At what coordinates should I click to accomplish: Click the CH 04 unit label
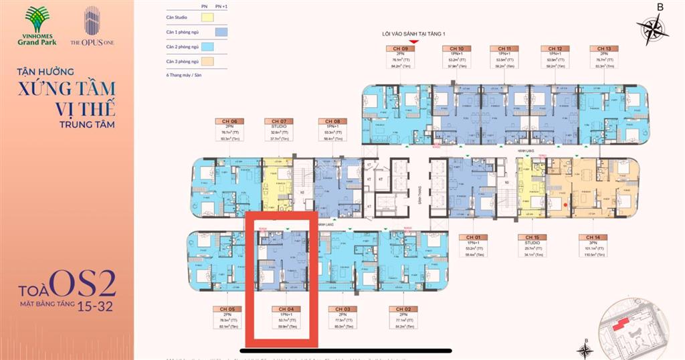(x=284, y=309)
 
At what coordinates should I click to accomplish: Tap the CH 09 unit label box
(x=400, y=49)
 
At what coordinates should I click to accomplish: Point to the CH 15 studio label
(x=532, y=238)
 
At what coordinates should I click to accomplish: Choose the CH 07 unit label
(x=279, y=121)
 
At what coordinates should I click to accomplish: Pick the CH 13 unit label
(x=603, y=49)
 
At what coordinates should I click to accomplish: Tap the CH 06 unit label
(x=227, y=121)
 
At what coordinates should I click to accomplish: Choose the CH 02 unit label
(x=403, y=309)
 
